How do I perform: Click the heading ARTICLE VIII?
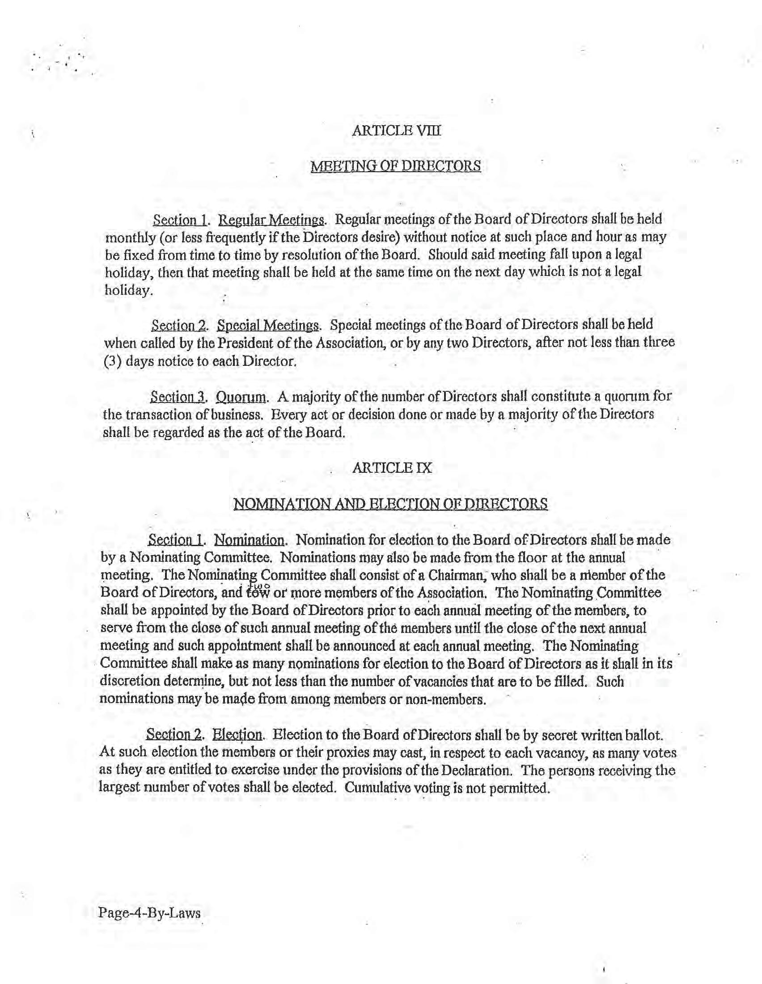(x=396, y=131)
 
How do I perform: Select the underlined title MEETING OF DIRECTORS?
(x=395, y=166)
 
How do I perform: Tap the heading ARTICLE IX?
(x=392, y=468)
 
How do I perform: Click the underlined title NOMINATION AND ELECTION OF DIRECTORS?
(x=390, y=503)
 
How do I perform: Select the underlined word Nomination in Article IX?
(x=249, y=540)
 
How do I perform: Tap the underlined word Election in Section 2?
(x=237, y=735)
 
